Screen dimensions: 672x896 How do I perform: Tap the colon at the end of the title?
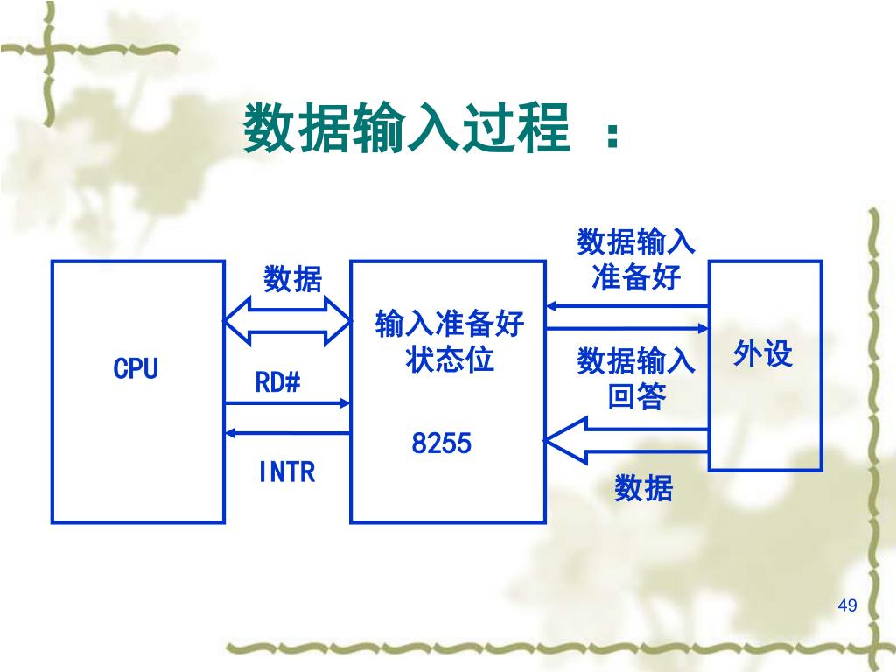pos(612,136)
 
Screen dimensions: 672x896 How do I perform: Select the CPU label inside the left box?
pos(136,368)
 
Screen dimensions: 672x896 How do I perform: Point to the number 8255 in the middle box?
pos(442,444)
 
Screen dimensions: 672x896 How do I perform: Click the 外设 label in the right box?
pos(763,354)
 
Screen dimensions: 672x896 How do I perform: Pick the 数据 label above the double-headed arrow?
pos(293,280)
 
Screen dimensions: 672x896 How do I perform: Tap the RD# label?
pos(277,382)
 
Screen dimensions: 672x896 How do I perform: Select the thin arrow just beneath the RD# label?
pos(287,403)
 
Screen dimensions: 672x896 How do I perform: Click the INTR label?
pos(286,473)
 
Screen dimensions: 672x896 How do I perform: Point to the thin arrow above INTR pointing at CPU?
pos(287,432)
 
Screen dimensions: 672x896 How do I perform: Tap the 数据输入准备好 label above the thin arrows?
pos(636,259)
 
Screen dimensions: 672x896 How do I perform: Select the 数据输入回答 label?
pos(636,379)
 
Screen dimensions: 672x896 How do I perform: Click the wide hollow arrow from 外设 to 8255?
pos(625,440)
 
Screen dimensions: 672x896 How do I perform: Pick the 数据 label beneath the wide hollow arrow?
pos(643,488)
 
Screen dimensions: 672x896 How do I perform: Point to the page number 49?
pos(847,606)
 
